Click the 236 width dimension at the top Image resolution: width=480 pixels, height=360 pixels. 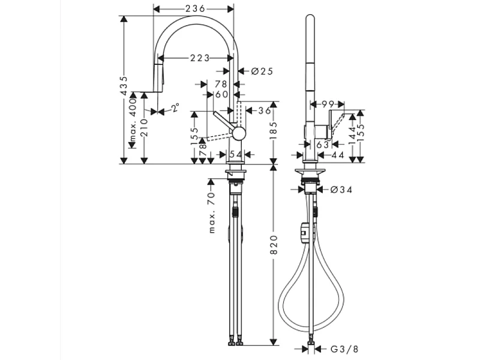pyautogui.click(x=194, y=8)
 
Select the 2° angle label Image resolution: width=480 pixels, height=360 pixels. pyautogui.click(x=175, y=108)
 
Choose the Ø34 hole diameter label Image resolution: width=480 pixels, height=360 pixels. pyautogui.click(x=341, y=190)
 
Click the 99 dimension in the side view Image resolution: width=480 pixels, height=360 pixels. pyautogui.click(x=328, y=104)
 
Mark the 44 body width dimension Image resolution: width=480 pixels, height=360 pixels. pyautogui.click(x=337, y=155)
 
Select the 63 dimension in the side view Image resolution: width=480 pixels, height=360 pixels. pyautogui.click(x=322, y=144)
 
